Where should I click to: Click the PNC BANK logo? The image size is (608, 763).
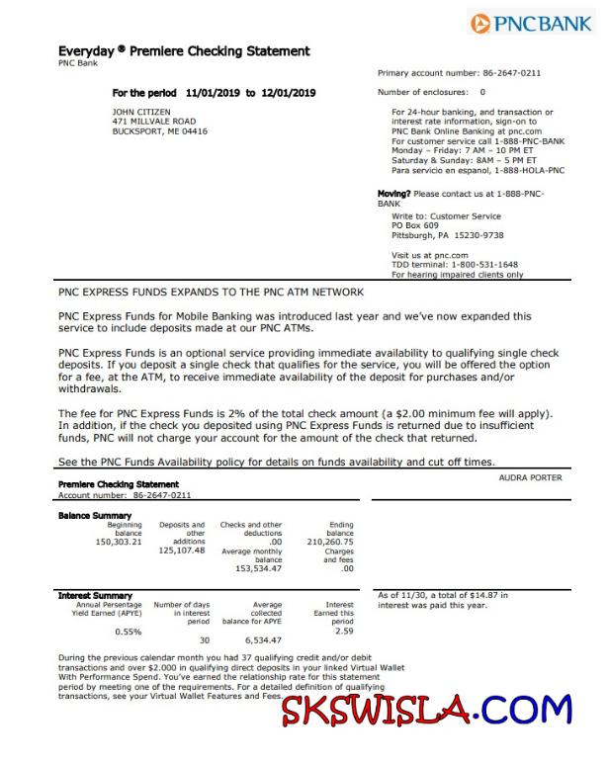click(531, 24)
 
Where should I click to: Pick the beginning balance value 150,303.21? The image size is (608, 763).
click(119, 542)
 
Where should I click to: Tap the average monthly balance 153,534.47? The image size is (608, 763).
click(258, 569)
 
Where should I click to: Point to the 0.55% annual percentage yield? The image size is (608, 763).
click(129, 631)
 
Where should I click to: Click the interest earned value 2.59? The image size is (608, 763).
click(344, 631)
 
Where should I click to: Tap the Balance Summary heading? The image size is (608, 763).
click(95, 516)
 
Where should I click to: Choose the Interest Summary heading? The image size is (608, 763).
click(96, 596)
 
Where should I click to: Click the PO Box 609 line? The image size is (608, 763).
click(414, 225)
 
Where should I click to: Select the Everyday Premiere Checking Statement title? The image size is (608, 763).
click(185, 51)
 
